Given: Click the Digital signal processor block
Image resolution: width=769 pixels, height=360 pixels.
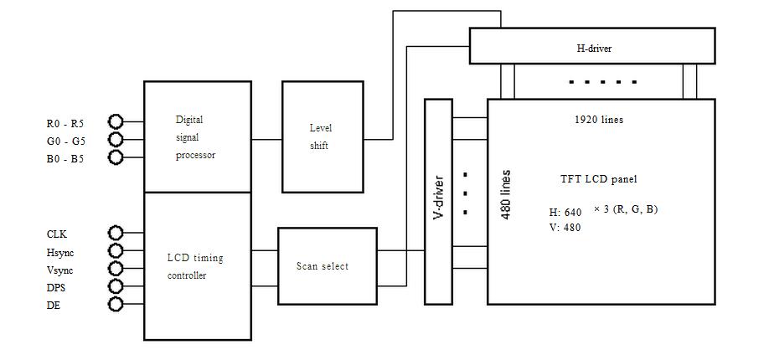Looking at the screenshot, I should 197,136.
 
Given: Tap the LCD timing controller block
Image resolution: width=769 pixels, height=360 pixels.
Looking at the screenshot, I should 197,266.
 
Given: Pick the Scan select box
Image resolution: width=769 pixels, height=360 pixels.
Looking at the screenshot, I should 328,266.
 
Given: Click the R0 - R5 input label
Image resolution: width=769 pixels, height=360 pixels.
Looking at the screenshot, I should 65,123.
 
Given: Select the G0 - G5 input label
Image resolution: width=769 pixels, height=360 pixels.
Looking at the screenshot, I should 65,140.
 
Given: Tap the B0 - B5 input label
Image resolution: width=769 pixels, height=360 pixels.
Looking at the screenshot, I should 65,157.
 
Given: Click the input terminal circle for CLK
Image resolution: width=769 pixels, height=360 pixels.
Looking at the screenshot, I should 116,234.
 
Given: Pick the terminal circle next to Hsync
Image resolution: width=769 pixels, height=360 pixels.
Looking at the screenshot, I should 116,251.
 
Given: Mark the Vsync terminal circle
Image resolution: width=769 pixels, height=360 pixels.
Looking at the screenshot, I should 116,269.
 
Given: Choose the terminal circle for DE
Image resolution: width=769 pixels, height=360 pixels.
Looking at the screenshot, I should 116,305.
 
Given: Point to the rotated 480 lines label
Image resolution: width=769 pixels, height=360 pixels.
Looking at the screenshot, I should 506,195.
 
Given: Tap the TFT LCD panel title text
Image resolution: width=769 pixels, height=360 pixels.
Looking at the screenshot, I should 598,179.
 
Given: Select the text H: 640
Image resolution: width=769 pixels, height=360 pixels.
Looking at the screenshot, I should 565,213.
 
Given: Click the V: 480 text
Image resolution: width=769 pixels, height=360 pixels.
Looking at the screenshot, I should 565,227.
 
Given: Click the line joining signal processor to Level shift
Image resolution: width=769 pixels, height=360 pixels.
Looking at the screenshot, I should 266,140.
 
